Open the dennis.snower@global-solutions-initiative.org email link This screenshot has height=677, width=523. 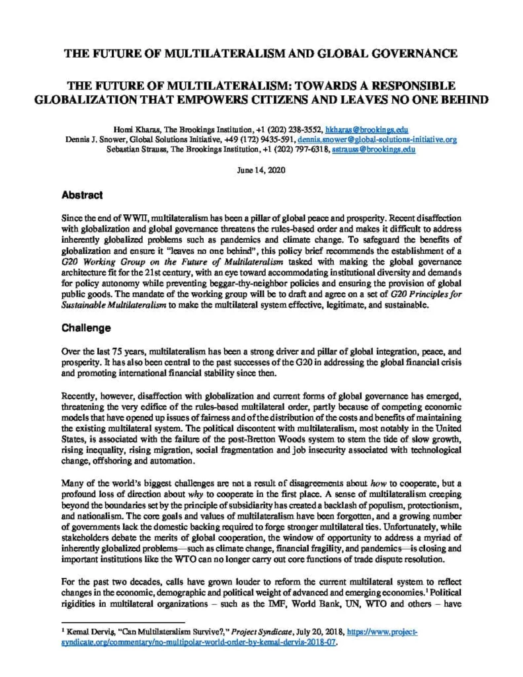[377, 140]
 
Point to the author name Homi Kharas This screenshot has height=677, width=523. [128, 130]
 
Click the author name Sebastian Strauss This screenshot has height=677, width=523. [136, 150]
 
